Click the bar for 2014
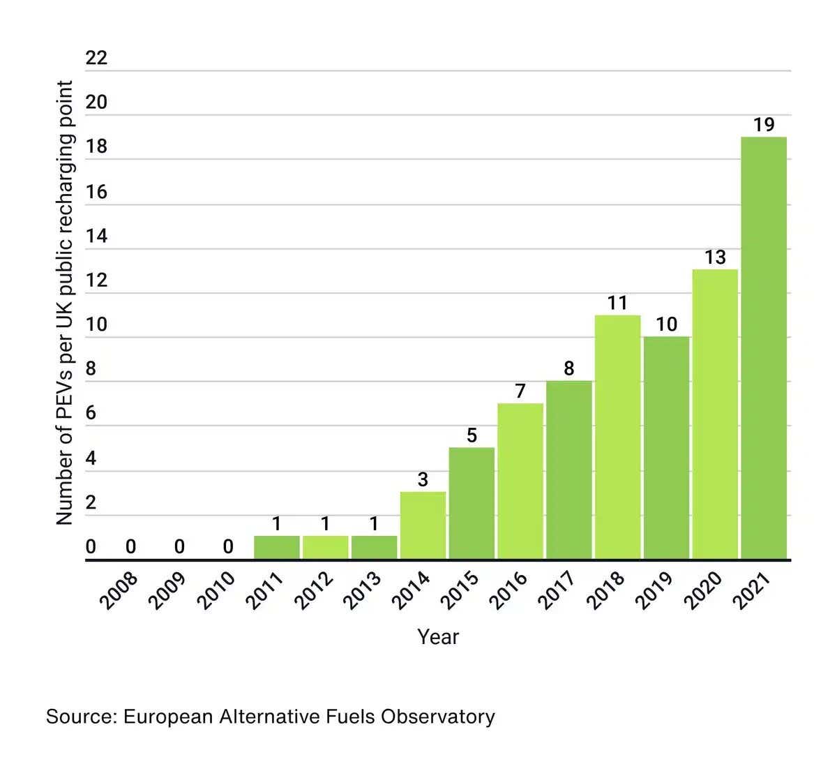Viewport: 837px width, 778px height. [x=423, y=525]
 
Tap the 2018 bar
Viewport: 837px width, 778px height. [x=617, y=437]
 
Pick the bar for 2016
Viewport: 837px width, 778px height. [x=520, y=481]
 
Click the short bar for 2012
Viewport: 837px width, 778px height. [x=325, y=547]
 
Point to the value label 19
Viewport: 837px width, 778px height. [x=764, y=125]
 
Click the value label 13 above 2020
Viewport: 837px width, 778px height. [x=715, y=257]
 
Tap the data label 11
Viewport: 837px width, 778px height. [x=617, y=303]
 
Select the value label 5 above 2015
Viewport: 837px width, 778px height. [x=472, y=436]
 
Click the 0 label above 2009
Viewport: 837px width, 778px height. [x=179, y=547]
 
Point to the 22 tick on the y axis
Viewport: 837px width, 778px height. [x=96, y=58]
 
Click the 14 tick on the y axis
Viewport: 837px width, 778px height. [x=96, y=236]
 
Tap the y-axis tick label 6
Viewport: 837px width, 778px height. [x=91, y=413]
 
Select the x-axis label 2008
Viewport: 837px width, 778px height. [x=121, y=590]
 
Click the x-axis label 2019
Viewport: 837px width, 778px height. [x=656, y=590]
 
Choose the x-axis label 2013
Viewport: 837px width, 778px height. [x=364, y=590]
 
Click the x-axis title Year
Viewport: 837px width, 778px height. [x=438, y=636]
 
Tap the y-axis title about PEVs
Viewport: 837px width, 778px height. [x=64, y=303]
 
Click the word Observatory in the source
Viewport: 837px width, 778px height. [x=437, y=717]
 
